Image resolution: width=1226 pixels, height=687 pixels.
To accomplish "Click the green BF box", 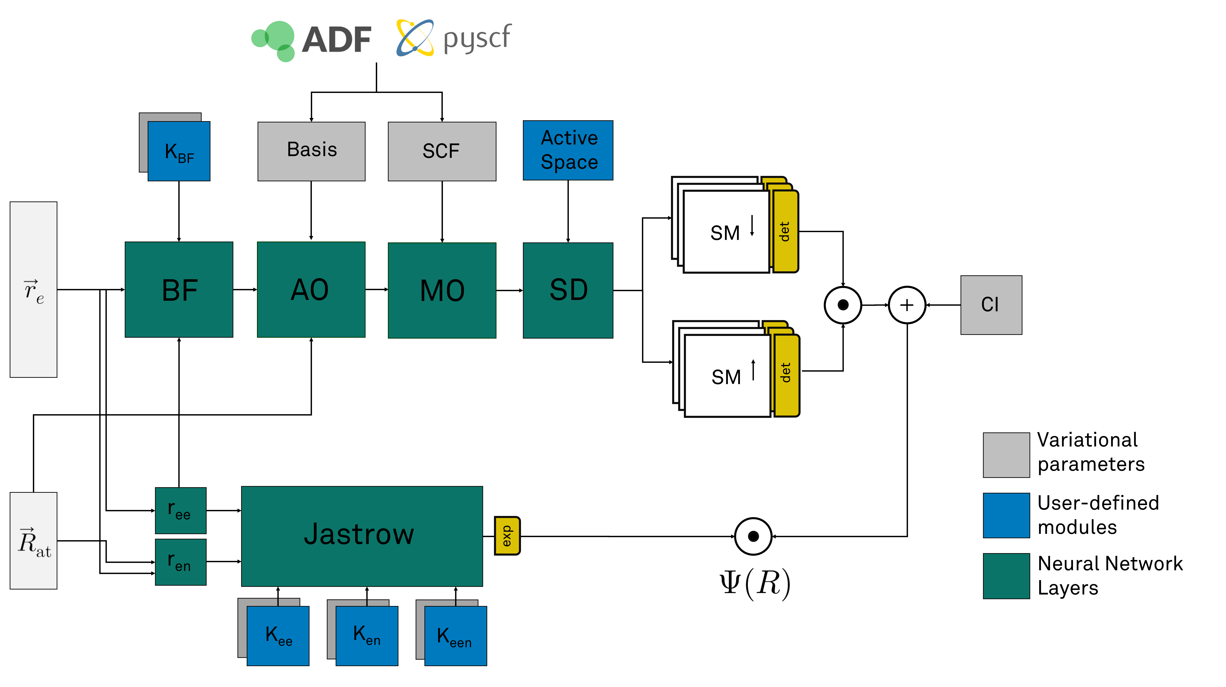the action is (179, 289).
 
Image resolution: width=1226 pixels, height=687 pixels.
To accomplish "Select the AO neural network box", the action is (311, 289).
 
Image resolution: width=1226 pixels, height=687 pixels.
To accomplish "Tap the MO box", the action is (442, 290).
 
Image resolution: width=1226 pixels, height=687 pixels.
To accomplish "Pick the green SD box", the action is (568, 290).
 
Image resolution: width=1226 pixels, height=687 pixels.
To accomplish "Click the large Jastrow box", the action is (362, 536).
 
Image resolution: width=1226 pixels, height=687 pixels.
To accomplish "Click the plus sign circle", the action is (907, 305).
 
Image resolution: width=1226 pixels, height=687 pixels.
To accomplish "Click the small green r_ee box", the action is (181, 510).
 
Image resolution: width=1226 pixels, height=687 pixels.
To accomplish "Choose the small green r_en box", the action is (181, 562).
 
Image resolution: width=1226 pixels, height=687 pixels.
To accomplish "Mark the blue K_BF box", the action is (179, 151).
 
